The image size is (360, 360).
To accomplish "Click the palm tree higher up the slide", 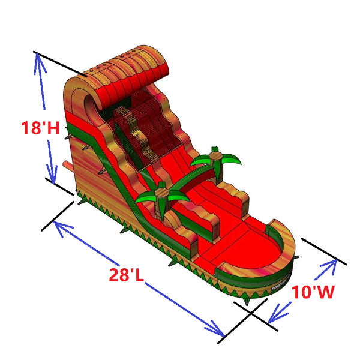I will coord(216,158).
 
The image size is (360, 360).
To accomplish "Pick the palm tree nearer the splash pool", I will coord(161,197).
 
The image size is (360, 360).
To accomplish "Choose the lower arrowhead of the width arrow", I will coord(273,318).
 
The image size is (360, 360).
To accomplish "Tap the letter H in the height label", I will coord(53,128).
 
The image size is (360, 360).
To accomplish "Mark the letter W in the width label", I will coord(325,293).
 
